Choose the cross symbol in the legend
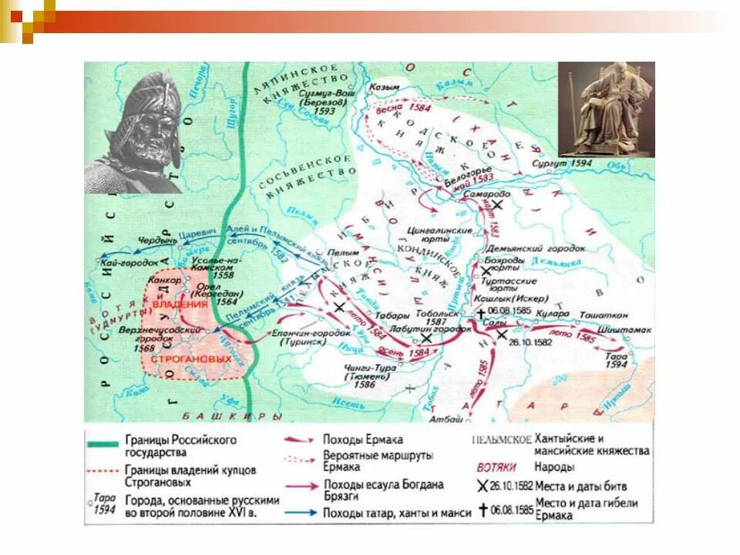[483, 510]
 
